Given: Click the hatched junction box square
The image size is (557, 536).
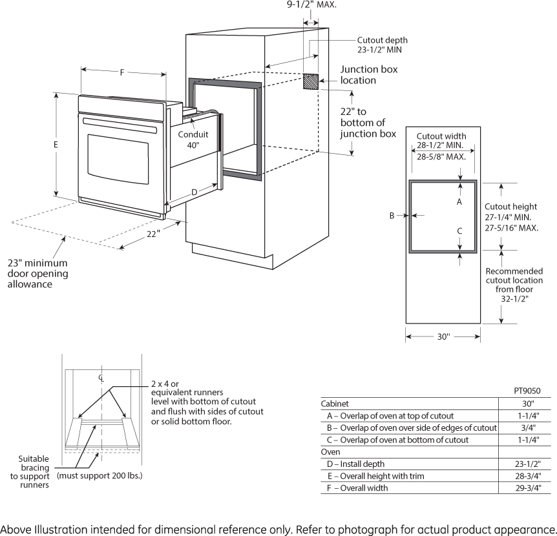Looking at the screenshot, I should (x=311, y=81).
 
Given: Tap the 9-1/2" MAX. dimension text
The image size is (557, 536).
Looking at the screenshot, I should (x=311, y=5).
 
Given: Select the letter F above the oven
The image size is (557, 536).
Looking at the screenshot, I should (x=121, y=72).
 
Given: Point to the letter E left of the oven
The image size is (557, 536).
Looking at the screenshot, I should (x=56, y=145).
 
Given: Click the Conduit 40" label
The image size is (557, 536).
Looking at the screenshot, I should (x=193, y=140).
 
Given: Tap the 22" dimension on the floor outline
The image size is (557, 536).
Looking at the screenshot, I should (x=152, y=234).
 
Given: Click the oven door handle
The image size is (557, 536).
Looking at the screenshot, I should (x=120, y=125).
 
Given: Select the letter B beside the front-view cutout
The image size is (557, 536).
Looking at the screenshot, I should (x=392, y=216).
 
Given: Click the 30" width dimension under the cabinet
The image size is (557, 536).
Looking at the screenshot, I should (x=443, y=336).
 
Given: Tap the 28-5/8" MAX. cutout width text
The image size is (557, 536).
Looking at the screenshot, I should (x=441, y=157).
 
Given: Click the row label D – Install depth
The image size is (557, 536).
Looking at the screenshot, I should (x=356, y=464).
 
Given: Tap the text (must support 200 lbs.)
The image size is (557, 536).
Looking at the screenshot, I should (x=100, y=476).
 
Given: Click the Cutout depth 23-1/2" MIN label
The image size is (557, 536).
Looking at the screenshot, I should (x=382, y=45).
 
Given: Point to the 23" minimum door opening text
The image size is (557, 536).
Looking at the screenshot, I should (x=37, y=273).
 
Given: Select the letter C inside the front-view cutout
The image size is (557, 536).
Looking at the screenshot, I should (x=459, y=231).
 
